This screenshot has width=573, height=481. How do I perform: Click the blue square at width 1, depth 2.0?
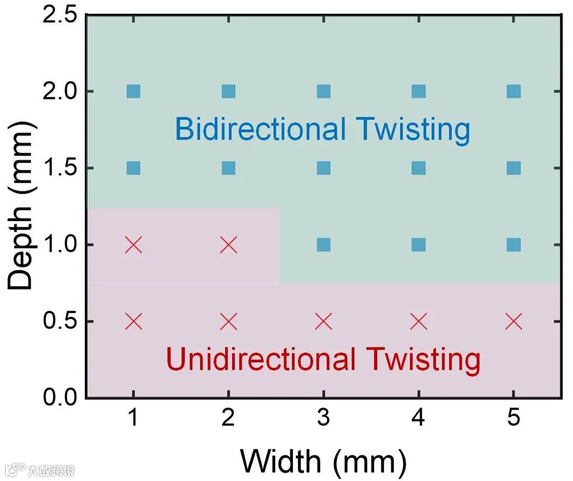click(133, 91)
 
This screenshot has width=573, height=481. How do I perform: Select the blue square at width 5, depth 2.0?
click(514, 91)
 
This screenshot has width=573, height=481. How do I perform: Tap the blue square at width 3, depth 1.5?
click(323, 168)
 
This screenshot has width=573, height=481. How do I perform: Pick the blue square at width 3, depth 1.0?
click(323, 245)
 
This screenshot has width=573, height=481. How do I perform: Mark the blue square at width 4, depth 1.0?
click(419, 245)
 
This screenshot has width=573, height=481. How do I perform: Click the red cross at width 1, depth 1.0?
click(133, 245)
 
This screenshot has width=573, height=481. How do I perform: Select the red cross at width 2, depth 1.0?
click(228, 245)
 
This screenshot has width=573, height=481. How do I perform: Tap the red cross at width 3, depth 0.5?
click(323, 322)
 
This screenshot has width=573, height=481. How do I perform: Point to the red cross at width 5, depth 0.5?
click(514, 322)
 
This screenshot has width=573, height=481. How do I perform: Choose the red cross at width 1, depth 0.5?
click(133, 322)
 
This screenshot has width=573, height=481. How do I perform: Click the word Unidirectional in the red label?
click(261, 360)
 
